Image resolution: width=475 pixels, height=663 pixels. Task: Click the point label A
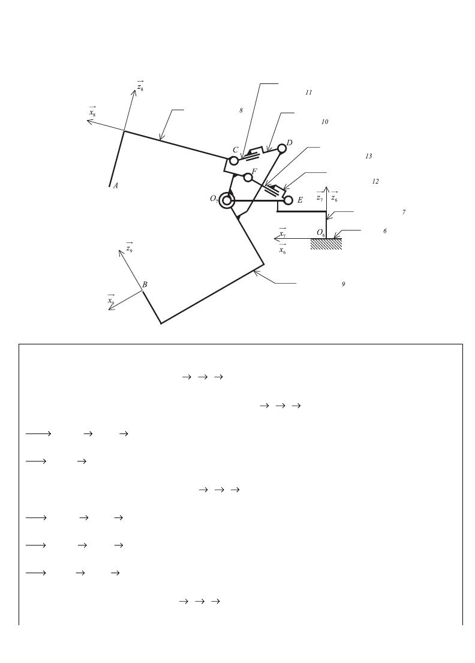click(x=115, y=185)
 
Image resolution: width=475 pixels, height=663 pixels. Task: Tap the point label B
click(x=145, y=284)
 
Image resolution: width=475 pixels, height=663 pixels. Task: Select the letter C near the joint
click(x=235, y=150)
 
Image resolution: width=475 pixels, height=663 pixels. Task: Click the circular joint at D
click(x=282, y=149)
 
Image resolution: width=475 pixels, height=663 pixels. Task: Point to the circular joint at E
click(x=288, y=200)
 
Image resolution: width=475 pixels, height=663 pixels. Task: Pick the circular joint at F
click(x=248, y=178)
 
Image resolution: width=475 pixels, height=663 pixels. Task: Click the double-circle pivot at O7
click(x=227, y=200)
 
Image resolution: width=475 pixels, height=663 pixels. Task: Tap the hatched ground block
click(x=326, y=244)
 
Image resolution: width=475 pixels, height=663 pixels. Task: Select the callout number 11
click(x=308, y=92)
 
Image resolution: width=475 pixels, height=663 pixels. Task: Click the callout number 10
click(x=324, y=122)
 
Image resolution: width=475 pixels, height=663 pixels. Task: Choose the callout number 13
click(x=368, y=156)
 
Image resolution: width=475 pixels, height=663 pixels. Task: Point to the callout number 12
click(x=375, y=181)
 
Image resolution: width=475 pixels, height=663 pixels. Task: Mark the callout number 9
click(x=343, y=284)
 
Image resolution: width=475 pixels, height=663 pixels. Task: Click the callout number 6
click(x=384, y=231)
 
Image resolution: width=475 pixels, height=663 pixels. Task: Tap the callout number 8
click(x=241, y=110)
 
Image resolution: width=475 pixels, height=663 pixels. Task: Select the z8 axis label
click(x=140, y=86)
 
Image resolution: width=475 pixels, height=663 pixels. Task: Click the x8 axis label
click(x=92, y=112)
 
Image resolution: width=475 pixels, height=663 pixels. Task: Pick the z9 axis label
click(x=130, y=247)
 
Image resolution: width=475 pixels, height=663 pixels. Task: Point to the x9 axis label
click(x=111, y=300)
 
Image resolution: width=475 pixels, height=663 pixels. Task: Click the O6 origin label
click(x=321, y=233)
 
